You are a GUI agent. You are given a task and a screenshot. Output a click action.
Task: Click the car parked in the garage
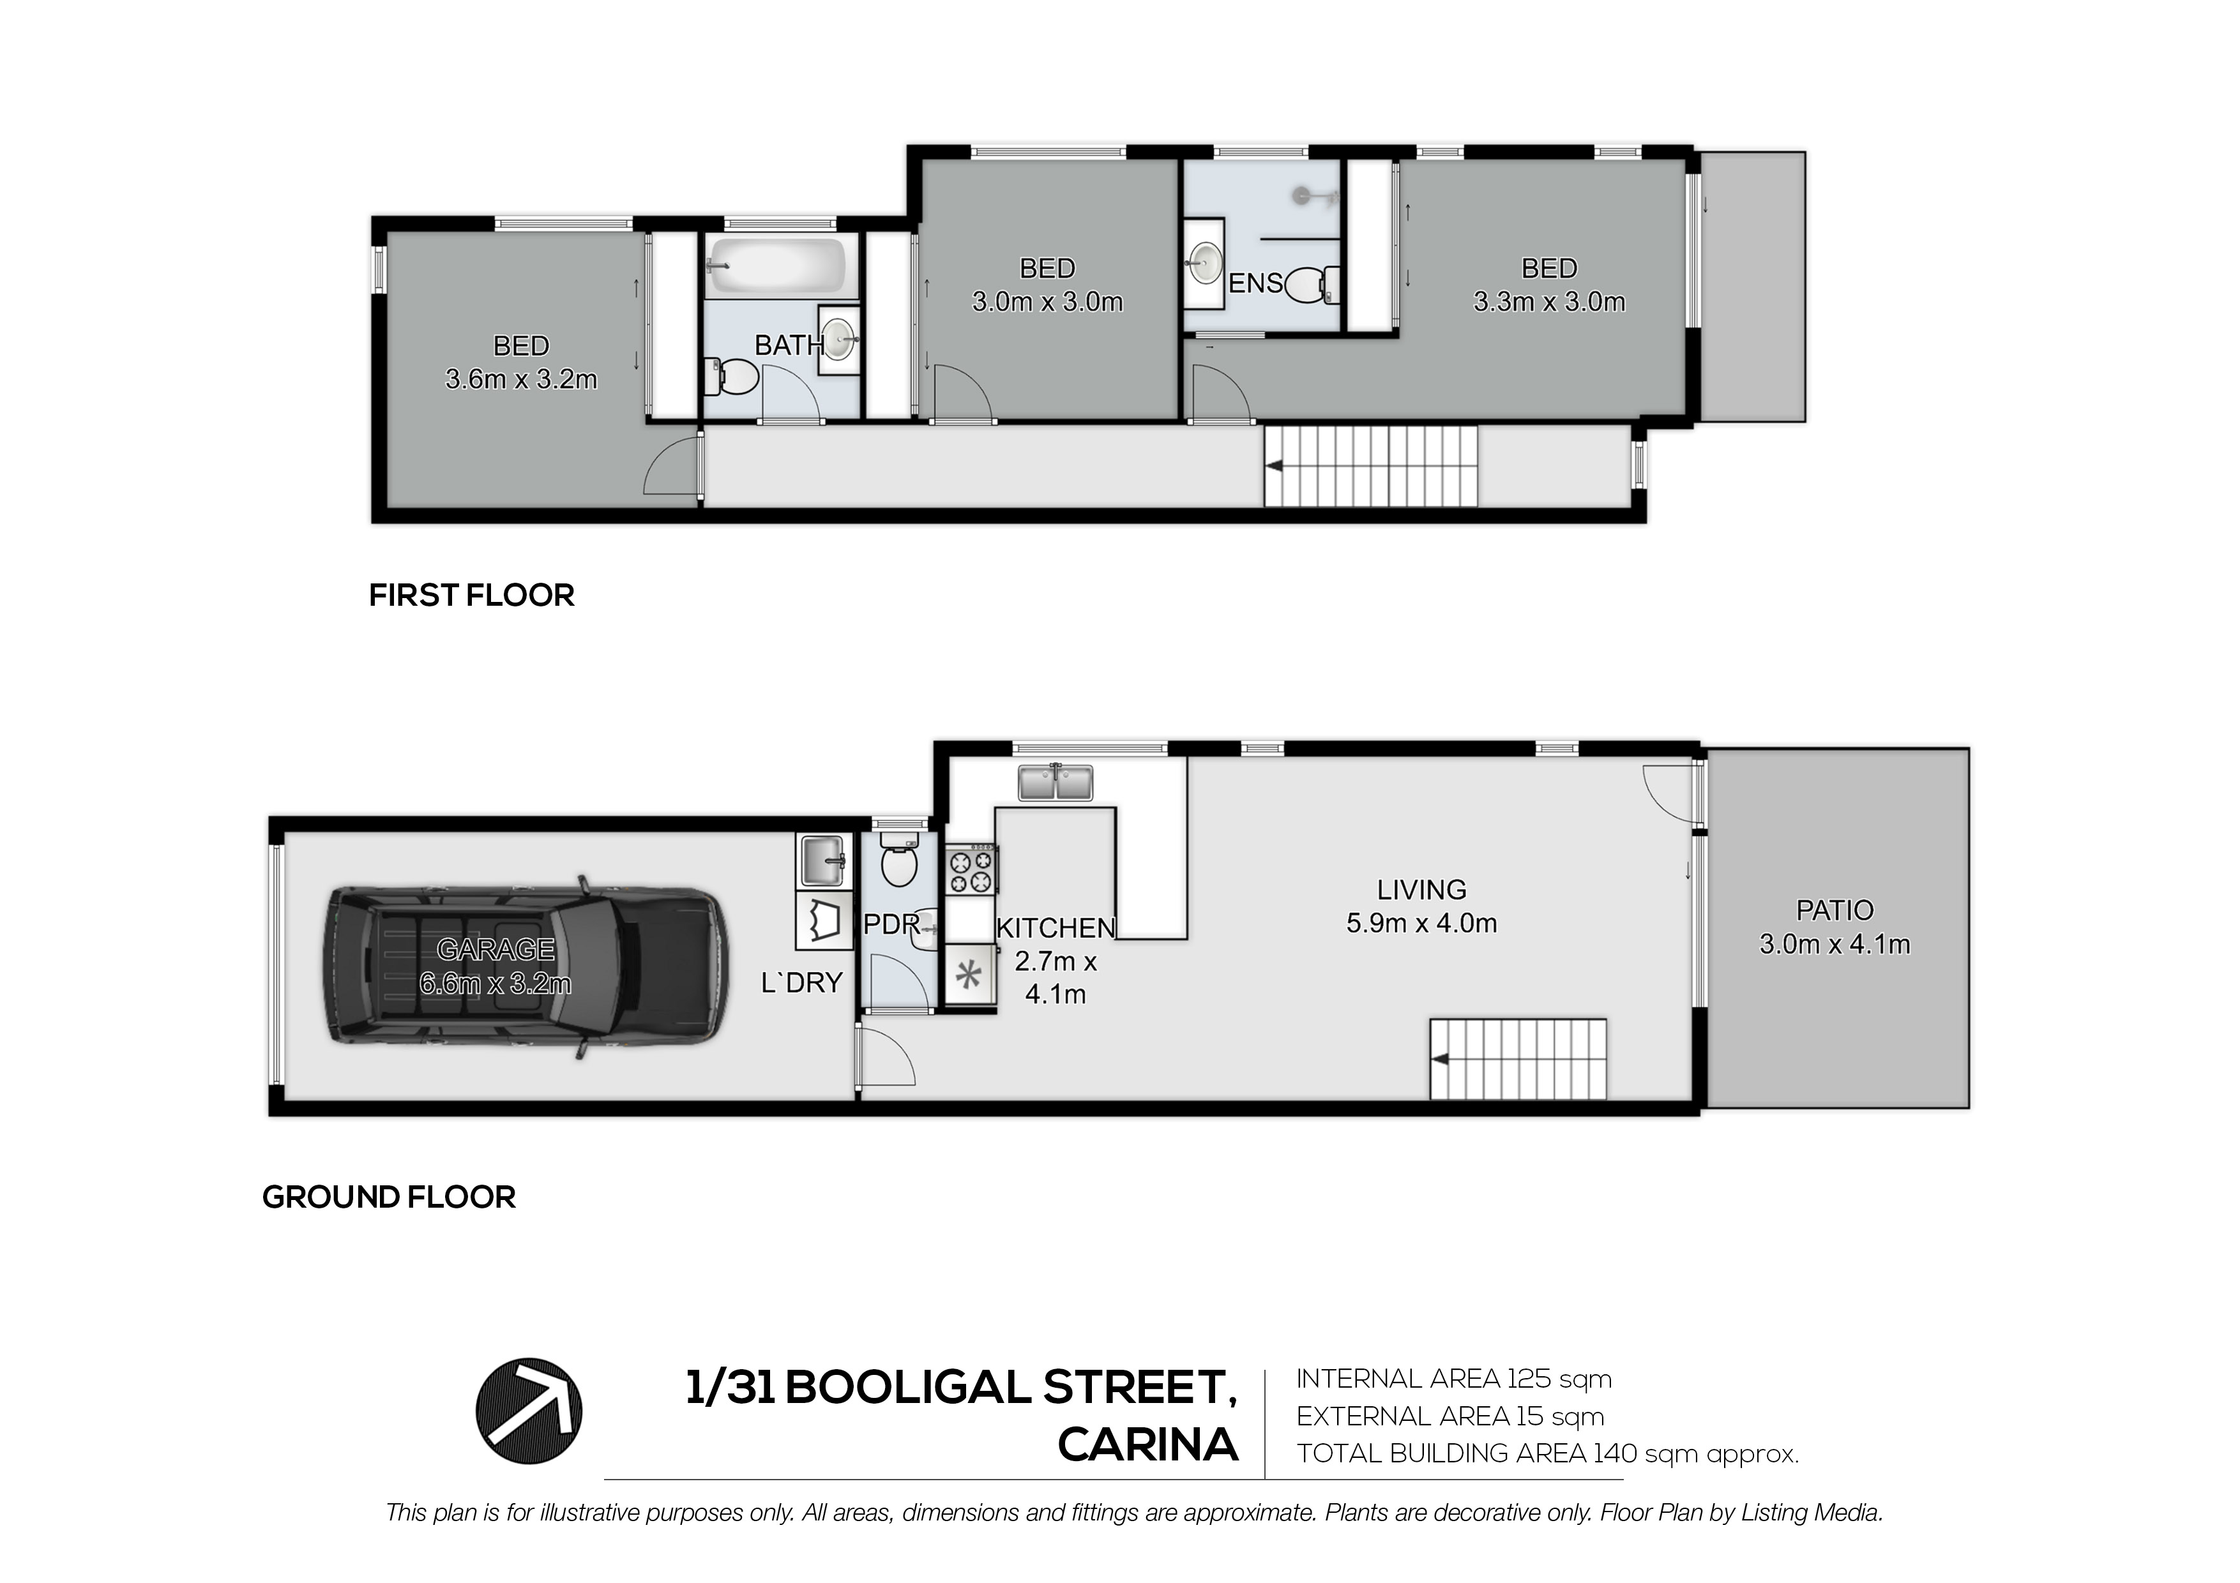(x=526, y=966)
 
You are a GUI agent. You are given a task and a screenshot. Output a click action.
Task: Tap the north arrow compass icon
(x=529, y=1411)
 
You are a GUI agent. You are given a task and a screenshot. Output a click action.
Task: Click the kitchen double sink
(x=1055, y=782)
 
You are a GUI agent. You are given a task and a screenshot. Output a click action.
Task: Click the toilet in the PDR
(x=898, y=859)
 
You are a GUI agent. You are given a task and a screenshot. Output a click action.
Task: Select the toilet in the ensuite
(x=1313, y=285)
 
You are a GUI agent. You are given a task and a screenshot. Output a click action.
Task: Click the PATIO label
(x=1834, y=910)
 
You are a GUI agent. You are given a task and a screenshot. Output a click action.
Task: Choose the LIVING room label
(x=1421, y=890)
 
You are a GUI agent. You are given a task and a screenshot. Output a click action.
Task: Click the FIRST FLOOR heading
(x=471, y=595)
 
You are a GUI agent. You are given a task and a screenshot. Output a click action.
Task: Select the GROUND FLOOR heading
(x=388, y=1197)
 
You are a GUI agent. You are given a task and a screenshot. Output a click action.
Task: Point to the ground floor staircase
(x=1518, y=1058)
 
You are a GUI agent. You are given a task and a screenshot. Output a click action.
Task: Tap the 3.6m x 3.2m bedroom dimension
(x=521, y=379)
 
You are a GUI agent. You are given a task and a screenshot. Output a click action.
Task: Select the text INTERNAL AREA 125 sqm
(x=1454, y=1379)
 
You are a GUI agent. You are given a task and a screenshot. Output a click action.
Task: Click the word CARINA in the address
(x=1147, y=1446)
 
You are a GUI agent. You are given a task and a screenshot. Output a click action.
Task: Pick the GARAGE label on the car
(x=496, y=949)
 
